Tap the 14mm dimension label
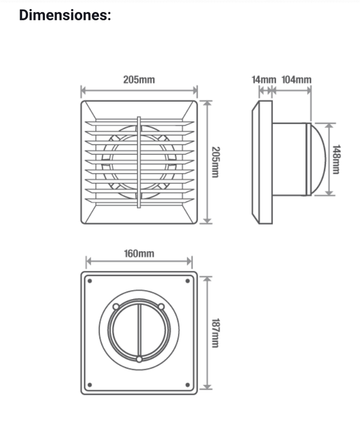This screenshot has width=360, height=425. tap(263, 80)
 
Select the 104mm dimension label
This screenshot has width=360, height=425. tap(296, 80)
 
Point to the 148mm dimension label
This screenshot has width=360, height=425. tap(337, 159)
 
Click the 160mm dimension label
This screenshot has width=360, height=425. tap(139, 254)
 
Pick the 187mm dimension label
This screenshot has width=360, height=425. tap(215, 333)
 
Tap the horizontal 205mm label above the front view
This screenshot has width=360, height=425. tap(139, 80)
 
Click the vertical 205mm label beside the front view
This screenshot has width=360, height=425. tap(215, 162)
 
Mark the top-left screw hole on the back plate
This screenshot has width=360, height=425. tap(90, 281)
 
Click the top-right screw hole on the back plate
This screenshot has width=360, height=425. tap(187, 281)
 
